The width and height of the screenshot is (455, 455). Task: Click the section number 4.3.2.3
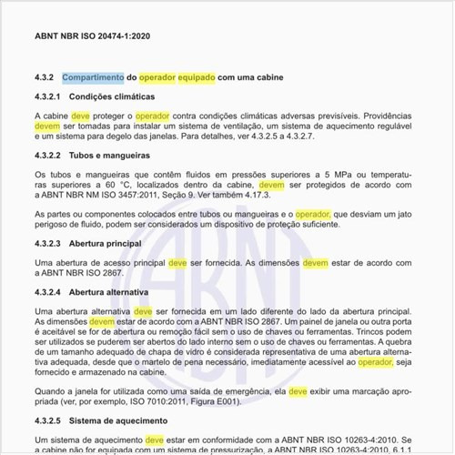(47, 244)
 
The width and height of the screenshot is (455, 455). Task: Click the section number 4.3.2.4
(47, 293)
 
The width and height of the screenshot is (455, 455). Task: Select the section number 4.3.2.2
(47, 156)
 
